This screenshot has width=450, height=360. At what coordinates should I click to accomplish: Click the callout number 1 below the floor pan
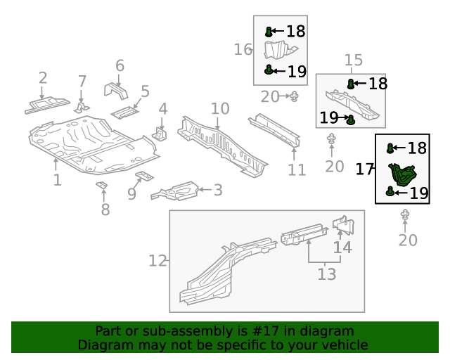[57, 181]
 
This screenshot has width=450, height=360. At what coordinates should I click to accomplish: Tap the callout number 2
[43, 78]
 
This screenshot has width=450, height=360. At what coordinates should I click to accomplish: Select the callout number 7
[82, 82]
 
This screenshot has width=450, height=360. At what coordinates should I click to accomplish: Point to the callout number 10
[220, 109]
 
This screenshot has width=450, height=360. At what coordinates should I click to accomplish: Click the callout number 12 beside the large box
[157, 261]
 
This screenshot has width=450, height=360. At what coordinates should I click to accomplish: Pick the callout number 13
[326, 274]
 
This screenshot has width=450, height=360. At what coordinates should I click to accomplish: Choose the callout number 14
[342, 247]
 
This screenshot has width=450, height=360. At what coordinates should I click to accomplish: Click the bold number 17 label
[364, 169]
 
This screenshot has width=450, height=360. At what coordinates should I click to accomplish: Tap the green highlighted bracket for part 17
[401, 173]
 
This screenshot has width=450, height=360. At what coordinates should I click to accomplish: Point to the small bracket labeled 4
[160, 132]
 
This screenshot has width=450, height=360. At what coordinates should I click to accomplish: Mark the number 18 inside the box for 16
[295, 31]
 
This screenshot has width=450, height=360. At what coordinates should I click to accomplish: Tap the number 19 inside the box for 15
[329, 117]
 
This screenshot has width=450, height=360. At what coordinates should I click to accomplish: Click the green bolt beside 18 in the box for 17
[391, 148]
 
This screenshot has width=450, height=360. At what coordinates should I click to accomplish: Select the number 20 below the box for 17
[408, 240]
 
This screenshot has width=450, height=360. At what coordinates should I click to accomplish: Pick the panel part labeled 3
[176, 190]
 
